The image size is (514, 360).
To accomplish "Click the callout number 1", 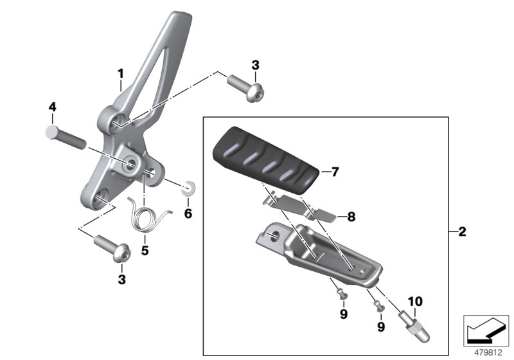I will tap(120, 76).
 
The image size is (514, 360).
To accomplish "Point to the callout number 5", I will tap(145, 250).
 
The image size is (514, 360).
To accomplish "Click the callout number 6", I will tap(188, 213).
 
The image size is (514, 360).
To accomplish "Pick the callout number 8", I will tap(351, 217).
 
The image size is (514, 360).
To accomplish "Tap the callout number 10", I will tap(415, 301).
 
